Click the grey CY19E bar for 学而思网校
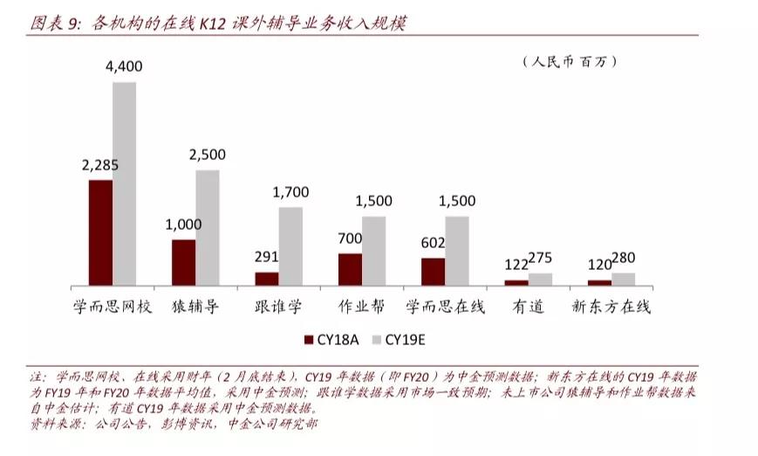[x=124, y=183]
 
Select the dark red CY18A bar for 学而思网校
[x=100, y=232]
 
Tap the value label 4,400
[x=124, y=66]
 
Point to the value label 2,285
[x=100, y=165]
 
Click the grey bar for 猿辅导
[x=208, y=227]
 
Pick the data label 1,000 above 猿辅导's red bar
[x=183, y=225]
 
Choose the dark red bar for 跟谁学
[x=267, y=279]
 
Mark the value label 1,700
[x=290, y=191]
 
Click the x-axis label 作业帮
[x=361, y=307]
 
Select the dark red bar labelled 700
[x=350, y=269]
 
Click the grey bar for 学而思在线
[x=457, y=251]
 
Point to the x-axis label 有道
[x=528, y=307]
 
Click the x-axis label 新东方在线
[x=611, y=307]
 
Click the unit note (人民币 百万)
[x=569, y=61]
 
